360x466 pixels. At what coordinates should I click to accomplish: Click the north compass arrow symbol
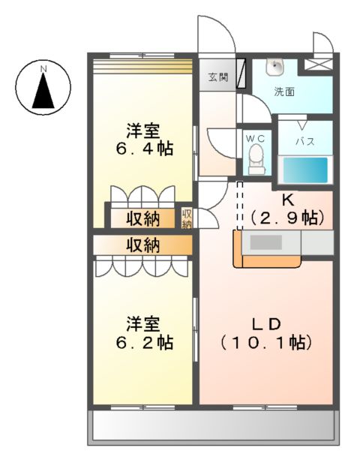[x=43, y=89]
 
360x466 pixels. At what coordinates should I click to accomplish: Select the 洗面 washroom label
[x=283, y=92]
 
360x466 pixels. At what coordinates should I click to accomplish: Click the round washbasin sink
[x=276, y=67]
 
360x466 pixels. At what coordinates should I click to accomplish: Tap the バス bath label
[x=303, y=141]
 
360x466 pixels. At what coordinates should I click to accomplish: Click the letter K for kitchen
[x=286, y=200]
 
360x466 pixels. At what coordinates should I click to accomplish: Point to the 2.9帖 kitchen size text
[x=287, y=218]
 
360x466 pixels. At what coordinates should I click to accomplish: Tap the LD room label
[x=265, y=324]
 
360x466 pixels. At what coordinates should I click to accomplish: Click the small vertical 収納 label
[x=187, y=218]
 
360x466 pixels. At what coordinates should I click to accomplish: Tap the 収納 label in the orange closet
[x=142, y=245]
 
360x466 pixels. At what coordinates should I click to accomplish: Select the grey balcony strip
[x=213, y=428]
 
